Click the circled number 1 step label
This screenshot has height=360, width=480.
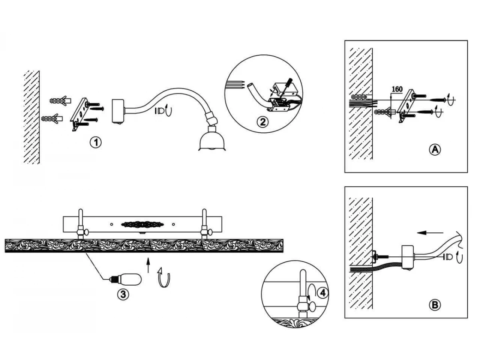click(96, 142)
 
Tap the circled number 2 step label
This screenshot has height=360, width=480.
click(262, 122)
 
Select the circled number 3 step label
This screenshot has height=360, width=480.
click(123, 294)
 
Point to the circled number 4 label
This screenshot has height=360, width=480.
click(322, 293)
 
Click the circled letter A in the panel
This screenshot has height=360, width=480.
click(434, 150)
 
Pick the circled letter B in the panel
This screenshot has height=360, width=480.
click(434, 305)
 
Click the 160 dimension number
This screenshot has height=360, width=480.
click(397, 89)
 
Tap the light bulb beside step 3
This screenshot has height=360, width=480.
click(126, 280)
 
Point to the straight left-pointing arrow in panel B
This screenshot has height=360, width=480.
click(430, 233)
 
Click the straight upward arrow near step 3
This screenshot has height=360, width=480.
click(148, 265)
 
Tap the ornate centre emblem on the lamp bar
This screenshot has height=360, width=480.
click(142, 224)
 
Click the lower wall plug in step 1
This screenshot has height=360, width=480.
click(52, 119)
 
